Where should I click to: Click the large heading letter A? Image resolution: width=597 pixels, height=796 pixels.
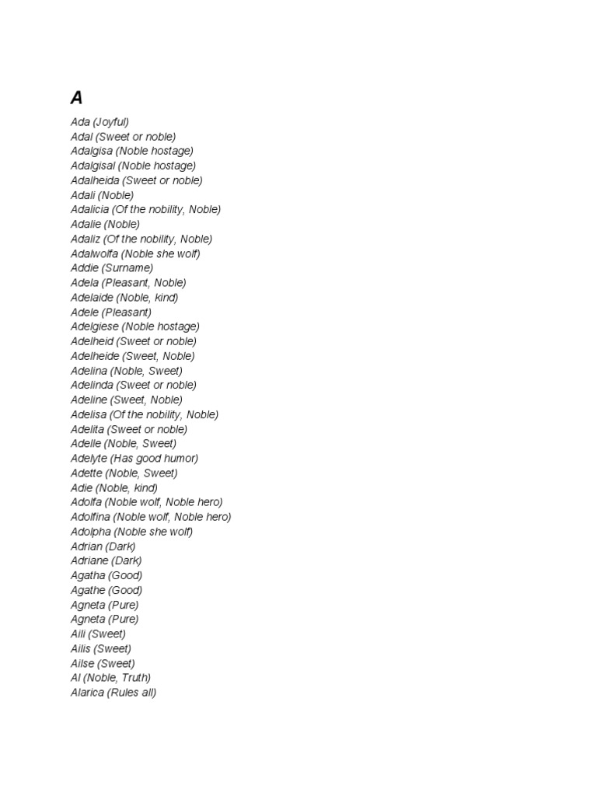pyautogui.click(x=76, y=98)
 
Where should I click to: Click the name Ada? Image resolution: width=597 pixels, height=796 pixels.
pyautogui.click(x=80, y=122)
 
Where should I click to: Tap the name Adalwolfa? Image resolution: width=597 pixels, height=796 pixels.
pyautogui.click(x=94, y=253)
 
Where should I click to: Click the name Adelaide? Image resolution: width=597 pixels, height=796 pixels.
pyautogui.click(x=93, y=298)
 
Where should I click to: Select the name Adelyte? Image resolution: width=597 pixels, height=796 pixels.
pyautogui.click(x=89, y=459)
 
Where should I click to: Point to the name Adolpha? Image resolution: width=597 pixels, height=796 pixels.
pyautogui.click(x=90, y=532)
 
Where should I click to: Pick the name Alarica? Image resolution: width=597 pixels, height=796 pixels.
pyautogui.click(x=87, y=693)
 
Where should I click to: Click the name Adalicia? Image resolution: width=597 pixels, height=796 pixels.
pyautogui.click(x=89, y=210)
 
